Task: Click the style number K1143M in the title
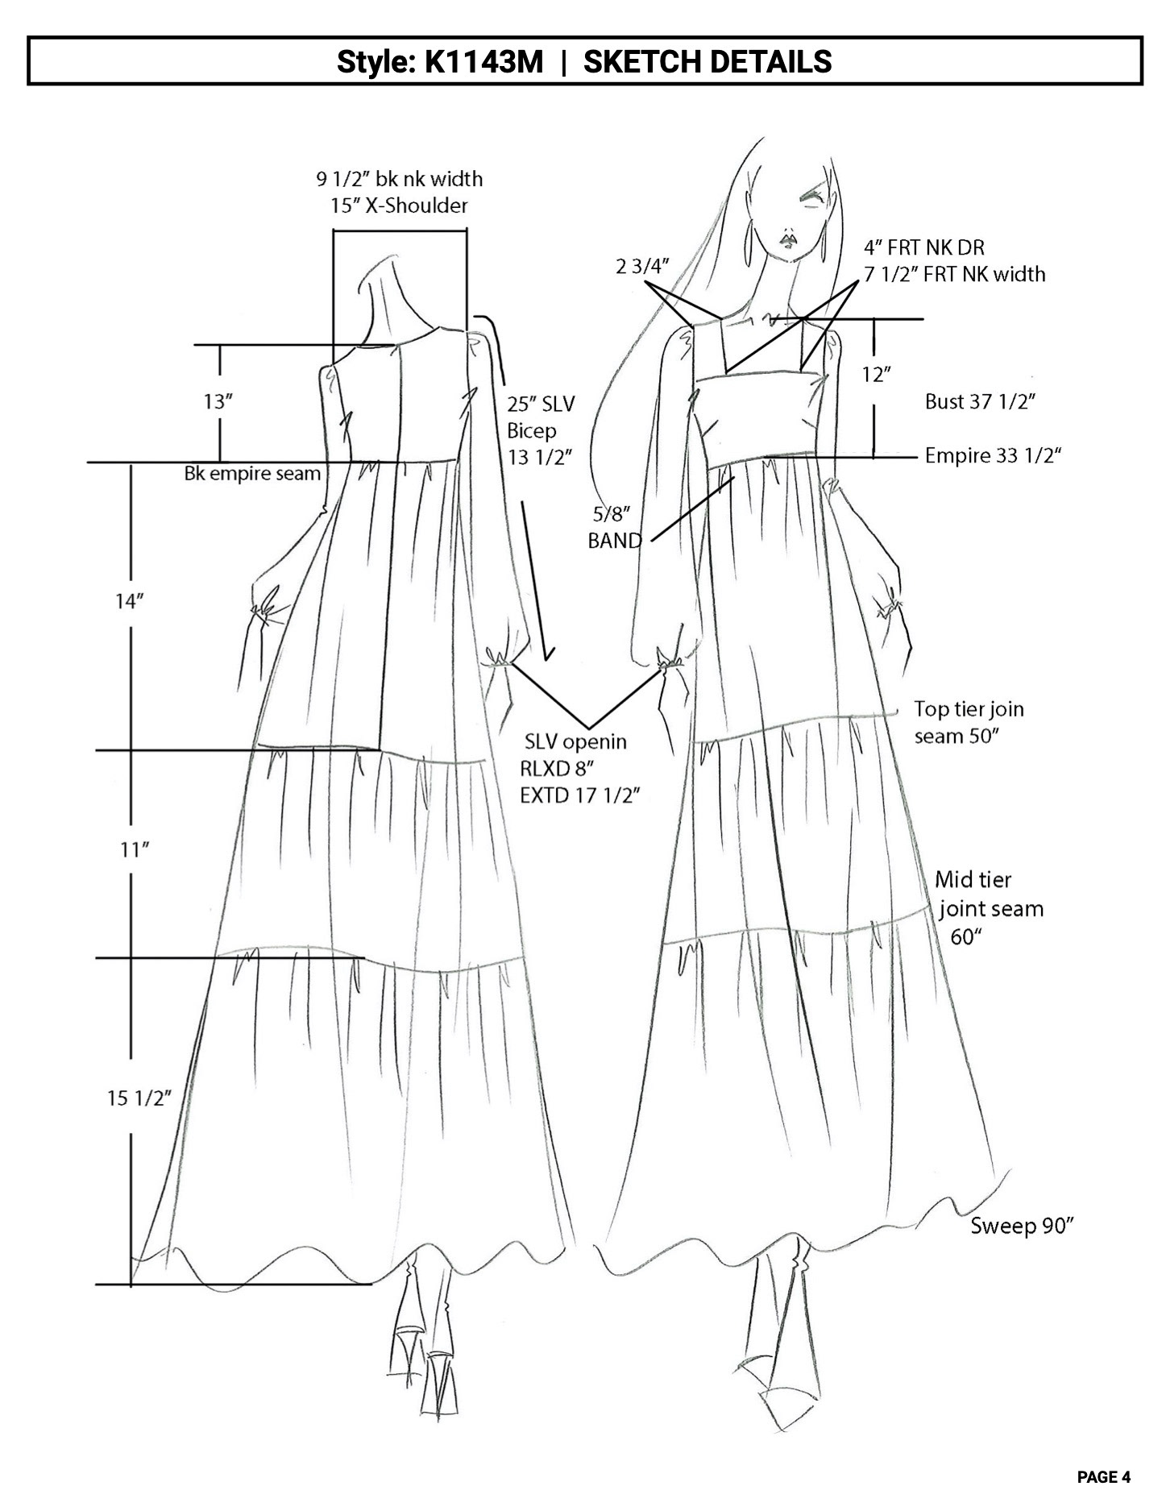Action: (483, 61)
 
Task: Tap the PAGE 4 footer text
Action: (1103, 1477)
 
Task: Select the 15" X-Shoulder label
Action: (399, 205)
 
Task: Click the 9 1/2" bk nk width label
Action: (399, 178)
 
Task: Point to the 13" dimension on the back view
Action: (218, 401)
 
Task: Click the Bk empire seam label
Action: (252, 474)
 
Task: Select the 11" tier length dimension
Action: (135, 849)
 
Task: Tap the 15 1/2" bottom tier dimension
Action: (139, 1098)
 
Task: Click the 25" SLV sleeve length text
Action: (541, 404)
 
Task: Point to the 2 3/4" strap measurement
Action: (642, 266)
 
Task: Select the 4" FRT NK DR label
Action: (924, 247)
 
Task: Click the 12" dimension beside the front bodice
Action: (876, 374)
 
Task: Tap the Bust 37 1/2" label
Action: (979, 401)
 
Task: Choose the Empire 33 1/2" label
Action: (992, 455)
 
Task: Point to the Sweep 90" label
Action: (1023, 1226)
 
